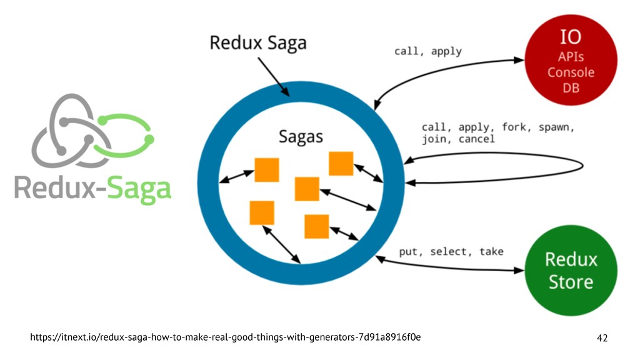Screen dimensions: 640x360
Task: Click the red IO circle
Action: point(571,60)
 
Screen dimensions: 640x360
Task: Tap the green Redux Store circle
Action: point(571,270)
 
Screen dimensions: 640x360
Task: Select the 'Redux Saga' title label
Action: point(258,43)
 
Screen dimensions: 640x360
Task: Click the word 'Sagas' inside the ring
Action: point(301,137)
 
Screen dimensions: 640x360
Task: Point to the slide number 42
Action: point(602,338)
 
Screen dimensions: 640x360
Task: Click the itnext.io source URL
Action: point(225,337)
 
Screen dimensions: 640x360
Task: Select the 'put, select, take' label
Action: point(451,251)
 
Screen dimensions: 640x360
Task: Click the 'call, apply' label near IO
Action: point(427,51)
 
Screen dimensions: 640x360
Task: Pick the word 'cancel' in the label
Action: point(476,139)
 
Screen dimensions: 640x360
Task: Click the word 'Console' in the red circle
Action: point(571,72)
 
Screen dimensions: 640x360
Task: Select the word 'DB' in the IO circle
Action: point(571,87)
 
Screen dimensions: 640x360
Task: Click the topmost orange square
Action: point(341,163)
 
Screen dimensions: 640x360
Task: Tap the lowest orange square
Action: point(316,226)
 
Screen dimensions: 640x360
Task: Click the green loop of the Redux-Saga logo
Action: point(125,136)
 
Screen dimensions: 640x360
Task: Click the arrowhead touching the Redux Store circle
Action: point(519,270)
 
